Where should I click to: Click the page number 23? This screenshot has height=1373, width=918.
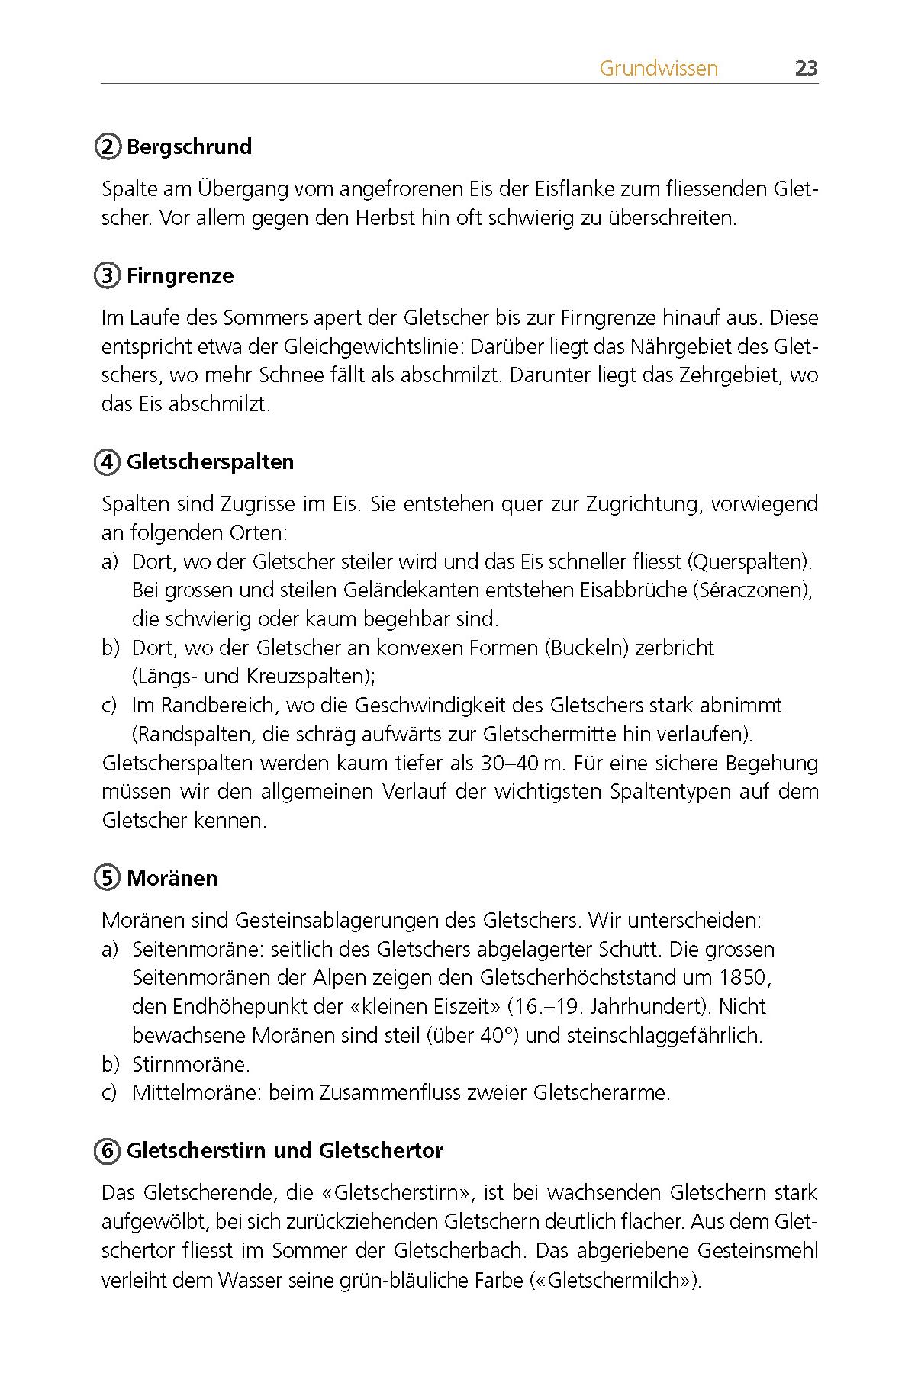pos(806,69)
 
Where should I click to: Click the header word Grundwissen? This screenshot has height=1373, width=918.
pos(659,69)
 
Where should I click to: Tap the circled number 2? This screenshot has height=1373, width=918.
pos(108,146)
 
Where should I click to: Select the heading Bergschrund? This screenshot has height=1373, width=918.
pos(189,146)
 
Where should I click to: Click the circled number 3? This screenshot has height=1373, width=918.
pos(108,275)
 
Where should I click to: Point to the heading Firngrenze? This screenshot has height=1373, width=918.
pos(180,275)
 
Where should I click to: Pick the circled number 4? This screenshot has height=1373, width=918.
pos(108,461)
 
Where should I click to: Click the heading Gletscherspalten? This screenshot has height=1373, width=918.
pos(210,461)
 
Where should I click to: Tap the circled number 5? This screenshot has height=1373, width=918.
pos(108,878)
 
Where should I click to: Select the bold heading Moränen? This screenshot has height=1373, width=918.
pos(172,878)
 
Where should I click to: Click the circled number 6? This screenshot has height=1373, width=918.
pos(108,1150)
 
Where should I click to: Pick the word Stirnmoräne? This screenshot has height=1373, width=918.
pos(191,1064)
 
